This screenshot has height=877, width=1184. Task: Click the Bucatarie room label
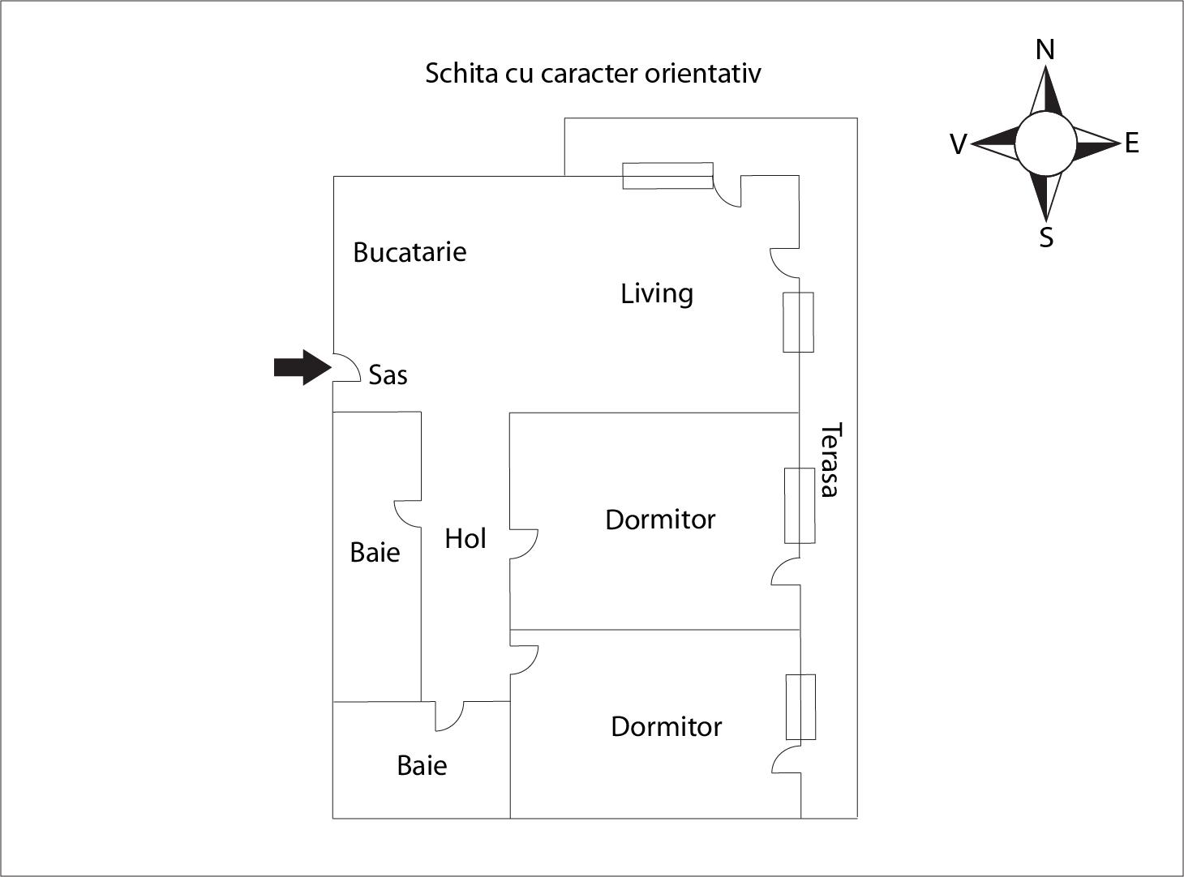pyautogui.click(x=410, y=252)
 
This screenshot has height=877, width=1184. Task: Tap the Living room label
pyautogui.click(x=657, y=293)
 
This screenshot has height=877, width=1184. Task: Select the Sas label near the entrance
pyautogui.click(x=388, y=374)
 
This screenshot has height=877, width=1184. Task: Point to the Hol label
pyautogui.click(x=465, y=538)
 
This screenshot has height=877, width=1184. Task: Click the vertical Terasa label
pyautogui.click(x=830, y=460)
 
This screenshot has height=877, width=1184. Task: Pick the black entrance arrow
pyautogui.click(x=302, y=368)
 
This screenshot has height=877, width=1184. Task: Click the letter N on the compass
pyautogui.click(x=1045, y=50)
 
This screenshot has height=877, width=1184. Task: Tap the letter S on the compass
pyautogui.click(x=1046, y=238)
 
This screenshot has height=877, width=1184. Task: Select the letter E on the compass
pyautogui.click(x=1131, y=143)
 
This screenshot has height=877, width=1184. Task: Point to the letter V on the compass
pyautogui.click(x=958, y=145)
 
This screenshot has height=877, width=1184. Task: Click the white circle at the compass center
pyautogui.click(x=1045, y=143)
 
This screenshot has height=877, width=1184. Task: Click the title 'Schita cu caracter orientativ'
pyautogui.click(x=593, y=73)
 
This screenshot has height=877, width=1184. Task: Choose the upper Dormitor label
pyautogui.click(x=660, y=520)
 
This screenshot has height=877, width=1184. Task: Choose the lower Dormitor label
pyautogui.click(x=666, y=726)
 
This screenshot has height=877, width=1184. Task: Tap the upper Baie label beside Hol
pyautogui.click(x=375, y=553)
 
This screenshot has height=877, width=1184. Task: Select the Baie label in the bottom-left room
pyautogui.click(x=422, y=765)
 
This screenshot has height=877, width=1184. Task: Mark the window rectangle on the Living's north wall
pyautogui.click(x=667, y=176)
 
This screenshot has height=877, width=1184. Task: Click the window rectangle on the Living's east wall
pyautogui.click(x=798, y=323)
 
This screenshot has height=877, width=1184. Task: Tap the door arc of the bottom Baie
pyautogui.click(x=450, y=717)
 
